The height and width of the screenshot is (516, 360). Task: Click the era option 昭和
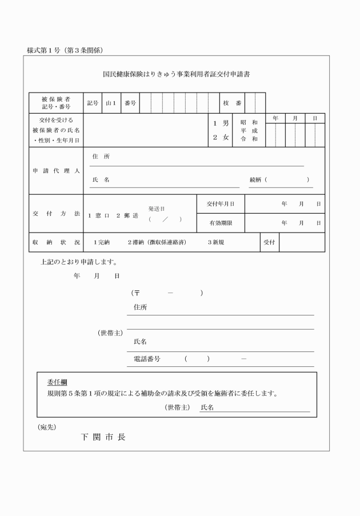(x=249, y=122)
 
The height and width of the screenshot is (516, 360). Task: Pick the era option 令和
(x=249, y=139)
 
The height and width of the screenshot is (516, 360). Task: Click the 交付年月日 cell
(x=221, y=204)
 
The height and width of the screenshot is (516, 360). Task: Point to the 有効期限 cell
(x=221, y=223)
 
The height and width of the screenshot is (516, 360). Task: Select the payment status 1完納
(x=102, y=242)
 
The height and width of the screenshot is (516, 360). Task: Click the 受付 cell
(x=269, y=242)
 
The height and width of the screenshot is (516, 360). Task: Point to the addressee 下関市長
(x=102, y=437)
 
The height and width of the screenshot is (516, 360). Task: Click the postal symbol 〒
(x=137, y=293)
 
